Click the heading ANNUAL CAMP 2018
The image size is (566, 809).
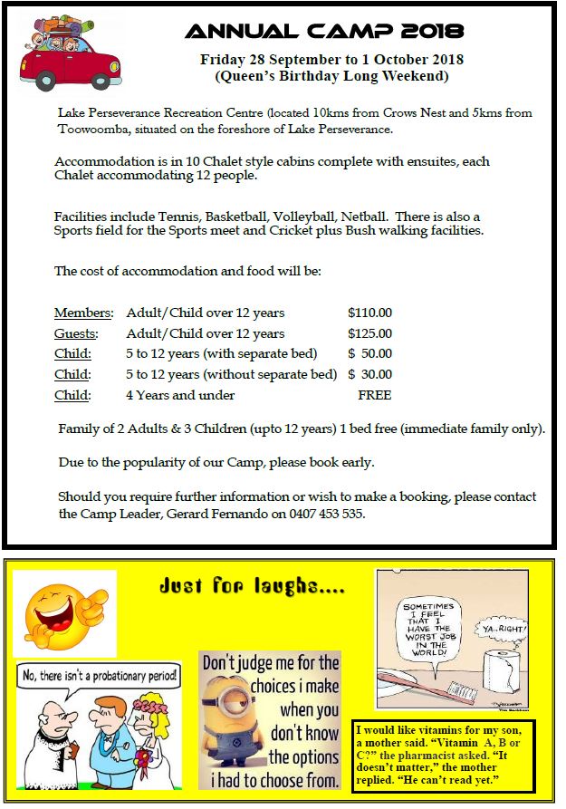click(324, 31)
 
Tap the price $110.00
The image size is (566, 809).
click(369, 313)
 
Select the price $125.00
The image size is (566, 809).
click(369, 333)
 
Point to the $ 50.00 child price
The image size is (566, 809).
click(369, 353)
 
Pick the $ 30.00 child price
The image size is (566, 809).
click(369, 374)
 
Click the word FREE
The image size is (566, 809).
click(375, 395)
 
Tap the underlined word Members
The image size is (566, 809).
click(83, 313)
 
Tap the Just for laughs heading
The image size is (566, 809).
click(251, 586)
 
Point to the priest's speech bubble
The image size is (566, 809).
click(98, 674)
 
